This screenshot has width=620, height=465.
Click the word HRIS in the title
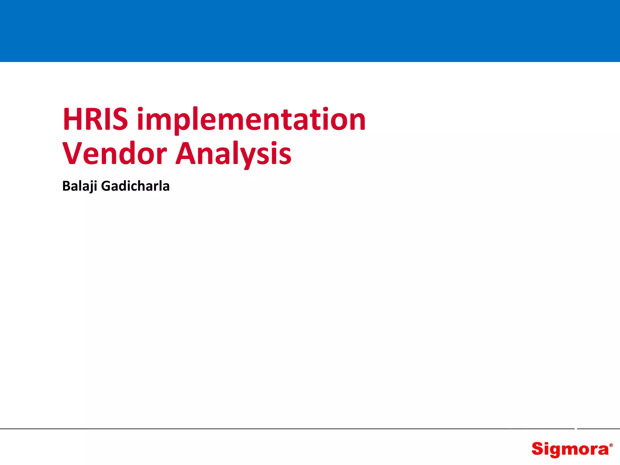click(95, 119)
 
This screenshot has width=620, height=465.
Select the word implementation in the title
click(251, 120)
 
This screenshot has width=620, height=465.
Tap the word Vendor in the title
click(114, 153)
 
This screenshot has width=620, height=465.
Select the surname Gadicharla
click(135, 186)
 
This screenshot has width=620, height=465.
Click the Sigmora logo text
click(570, 449)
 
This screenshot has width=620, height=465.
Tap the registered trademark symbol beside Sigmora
click(611, 445)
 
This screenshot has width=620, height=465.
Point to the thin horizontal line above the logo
click(310, 429)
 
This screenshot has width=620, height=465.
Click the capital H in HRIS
click(72, 119)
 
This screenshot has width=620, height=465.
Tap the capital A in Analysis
click(186, 153)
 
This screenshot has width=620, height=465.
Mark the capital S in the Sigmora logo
click(538, 449)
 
